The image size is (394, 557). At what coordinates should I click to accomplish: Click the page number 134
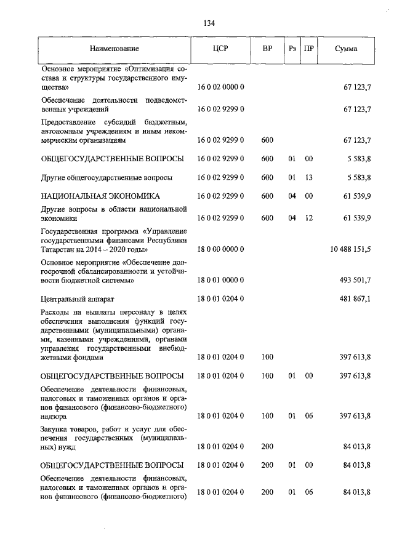209,23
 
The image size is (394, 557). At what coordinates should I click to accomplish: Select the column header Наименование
115,49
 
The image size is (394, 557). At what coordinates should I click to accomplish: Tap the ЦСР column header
221,49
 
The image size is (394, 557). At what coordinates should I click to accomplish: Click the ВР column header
267,49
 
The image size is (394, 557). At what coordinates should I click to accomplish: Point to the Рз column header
292,49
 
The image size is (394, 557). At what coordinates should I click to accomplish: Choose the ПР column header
309,49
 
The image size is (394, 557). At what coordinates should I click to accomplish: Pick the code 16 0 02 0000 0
221,88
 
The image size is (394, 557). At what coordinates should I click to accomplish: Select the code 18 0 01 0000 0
221,281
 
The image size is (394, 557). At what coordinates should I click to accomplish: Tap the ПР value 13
309,177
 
